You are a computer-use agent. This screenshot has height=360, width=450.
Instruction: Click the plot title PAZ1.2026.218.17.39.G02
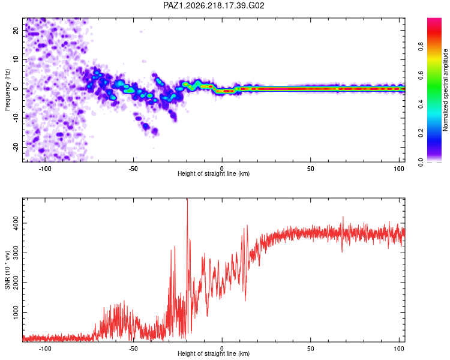click(x=214, y=5)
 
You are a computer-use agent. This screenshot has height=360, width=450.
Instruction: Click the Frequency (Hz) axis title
click(x=7, y=89)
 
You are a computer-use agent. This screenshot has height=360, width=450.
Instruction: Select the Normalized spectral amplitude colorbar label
click(x=445, y=90)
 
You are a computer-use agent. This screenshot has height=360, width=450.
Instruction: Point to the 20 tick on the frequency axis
click(x=16, y=31)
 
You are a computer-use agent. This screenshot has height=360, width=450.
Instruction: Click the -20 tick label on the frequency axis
click(x=16, y=147)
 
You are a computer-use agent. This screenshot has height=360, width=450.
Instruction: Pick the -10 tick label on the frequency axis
click(x=16, y=118)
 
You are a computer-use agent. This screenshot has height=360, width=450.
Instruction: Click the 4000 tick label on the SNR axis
click(x=16, y=223)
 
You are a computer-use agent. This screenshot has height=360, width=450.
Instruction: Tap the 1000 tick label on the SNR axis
click(x=16, y=313)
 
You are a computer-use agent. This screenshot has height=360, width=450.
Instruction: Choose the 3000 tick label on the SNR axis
click(x=16, y=253)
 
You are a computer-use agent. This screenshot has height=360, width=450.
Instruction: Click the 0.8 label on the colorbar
click(x=421, y=46)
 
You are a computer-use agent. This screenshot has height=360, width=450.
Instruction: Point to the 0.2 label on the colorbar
click(x=421, y=133)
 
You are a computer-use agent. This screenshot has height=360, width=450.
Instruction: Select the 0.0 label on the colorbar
click(x=421, y=162)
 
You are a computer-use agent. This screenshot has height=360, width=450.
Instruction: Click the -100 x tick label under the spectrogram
click(x=44, y=169)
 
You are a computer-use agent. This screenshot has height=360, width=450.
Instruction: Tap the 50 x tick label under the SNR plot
click(x=311, y=349)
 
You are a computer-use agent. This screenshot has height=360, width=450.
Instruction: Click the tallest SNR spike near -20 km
click(x=187, y=199)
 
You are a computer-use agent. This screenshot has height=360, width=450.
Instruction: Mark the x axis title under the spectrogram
click(x=214, y=173)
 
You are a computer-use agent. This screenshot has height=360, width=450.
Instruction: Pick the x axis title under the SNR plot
click(x=214, y=353)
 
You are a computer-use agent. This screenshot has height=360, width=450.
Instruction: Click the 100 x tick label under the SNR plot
click(x=399, y=349)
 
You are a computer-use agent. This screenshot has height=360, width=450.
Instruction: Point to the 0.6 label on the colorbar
click(x=421, y=75)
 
